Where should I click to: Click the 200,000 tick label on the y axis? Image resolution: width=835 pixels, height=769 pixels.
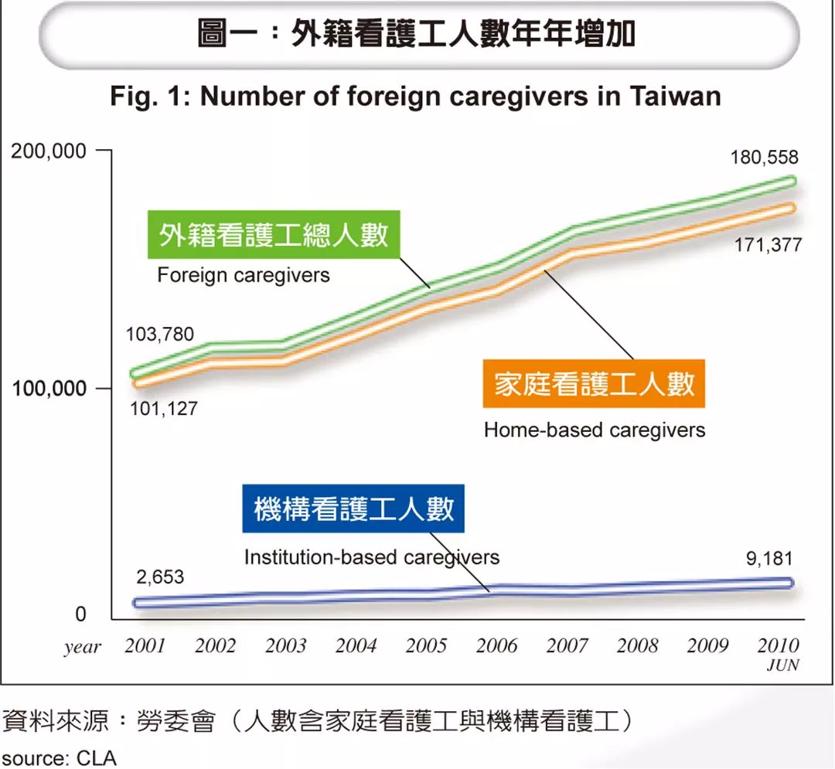48,151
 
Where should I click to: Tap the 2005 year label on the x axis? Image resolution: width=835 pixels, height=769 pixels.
426,645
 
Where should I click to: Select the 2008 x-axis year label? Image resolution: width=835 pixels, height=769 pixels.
637,645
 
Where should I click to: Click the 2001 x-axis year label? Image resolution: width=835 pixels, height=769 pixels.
145,645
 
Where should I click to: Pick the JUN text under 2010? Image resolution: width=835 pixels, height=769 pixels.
782,665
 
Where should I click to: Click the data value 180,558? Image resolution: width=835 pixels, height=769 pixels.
764,158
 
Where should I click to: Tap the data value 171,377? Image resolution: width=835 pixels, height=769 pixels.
768,246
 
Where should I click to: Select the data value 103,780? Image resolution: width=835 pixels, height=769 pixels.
160,335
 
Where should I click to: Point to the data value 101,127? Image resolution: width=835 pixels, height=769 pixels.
163,409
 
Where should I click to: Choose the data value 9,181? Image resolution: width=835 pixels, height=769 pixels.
769,560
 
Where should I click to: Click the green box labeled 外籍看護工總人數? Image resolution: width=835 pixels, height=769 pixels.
274,234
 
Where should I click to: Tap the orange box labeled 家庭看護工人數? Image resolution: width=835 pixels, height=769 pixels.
595,383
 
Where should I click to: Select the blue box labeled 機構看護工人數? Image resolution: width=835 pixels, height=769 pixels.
353,509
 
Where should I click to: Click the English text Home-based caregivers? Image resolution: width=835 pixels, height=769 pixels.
595,430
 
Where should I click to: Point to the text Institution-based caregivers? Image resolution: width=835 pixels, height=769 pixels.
372,556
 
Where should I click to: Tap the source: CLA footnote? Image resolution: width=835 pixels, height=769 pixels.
59,757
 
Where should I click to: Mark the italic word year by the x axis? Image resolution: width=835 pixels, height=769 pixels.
82,648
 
